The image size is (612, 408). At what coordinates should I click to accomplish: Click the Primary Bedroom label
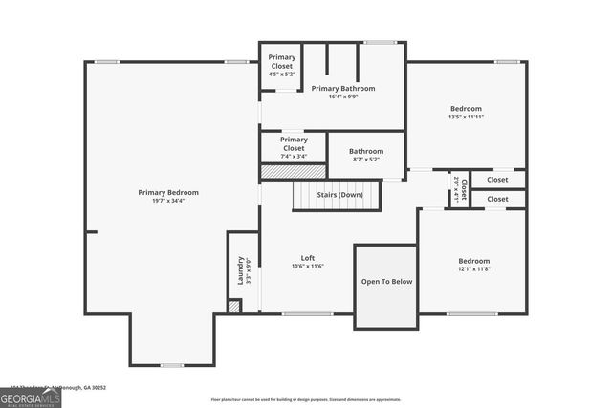pos(168,193)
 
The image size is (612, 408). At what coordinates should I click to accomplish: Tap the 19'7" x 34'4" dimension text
pos(168,202)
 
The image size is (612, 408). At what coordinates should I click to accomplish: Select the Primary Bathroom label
pos(343,88)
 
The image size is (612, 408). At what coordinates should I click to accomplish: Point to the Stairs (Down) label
pos(339,195)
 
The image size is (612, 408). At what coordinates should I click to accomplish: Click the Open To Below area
pos(386,282)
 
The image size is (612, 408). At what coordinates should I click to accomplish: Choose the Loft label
pos(308,258)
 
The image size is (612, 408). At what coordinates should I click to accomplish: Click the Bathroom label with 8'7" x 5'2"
pos(365,151)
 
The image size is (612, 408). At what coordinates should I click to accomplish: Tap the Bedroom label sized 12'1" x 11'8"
pos(473,261)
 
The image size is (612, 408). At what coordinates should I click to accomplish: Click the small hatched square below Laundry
pos(234,307)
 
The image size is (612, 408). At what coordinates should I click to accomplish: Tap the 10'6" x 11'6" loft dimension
pos(308,267)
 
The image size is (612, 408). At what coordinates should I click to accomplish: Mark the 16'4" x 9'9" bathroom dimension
pos(343,97)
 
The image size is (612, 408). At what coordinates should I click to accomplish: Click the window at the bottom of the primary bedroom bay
pos(171,365)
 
